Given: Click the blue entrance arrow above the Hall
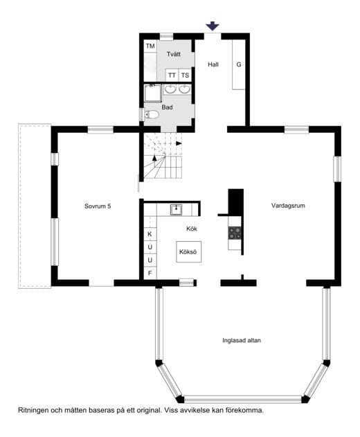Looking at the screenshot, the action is click(213, 26).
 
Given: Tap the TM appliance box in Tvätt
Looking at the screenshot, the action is click(150, 46).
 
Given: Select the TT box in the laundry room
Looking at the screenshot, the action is click(172, 75).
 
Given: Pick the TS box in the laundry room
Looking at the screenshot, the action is click(185, 75).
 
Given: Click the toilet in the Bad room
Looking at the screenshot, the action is click(152, 114).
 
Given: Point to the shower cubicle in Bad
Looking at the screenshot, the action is click(153, 93).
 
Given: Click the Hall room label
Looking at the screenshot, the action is click(213, 64).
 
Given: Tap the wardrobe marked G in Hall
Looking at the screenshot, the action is click(239, 64).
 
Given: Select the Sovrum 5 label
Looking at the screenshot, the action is click(98, 206).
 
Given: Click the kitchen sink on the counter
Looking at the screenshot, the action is click(176, 209).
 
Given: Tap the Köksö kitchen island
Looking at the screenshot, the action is click(188, 251).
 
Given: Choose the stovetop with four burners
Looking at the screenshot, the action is click(235, 233).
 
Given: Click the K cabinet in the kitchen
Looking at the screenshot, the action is click(150, 234).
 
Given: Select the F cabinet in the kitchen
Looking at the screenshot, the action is click(150, 273).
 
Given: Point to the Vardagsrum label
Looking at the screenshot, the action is click(288, 206).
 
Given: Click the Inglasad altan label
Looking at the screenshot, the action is click(242, 340).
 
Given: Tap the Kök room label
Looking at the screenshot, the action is click(192, 229).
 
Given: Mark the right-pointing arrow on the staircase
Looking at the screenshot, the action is click(179, 143).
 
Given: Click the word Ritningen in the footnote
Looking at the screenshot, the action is click(33, 410).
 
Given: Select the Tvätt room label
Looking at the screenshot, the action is click(174, 54).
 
